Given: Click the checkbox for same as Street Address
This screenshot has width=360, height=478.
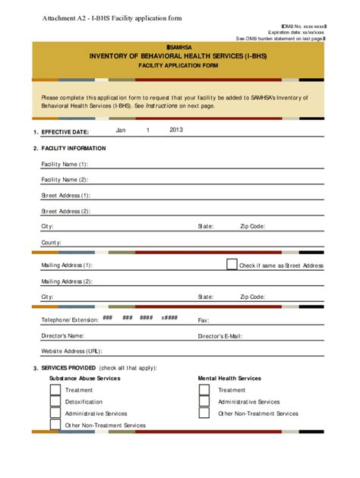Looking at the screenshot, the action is (x=232, y=264).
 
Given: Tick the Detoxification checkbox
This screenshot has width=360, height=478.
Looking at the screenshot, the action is (x=55, y=401).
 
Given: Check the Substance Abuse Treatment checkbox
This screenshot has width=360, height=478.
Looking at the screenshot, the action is (x=55, y=390).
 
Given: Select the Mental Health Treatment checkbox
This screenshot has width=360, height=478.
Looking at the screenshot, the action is (x=204, y=390).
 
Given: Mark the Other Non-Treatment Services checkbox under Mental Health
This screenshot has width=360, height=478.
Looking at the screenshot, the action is (x=204, y=414).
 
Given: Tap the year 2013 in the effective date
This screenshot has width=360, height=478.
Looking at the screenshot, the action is (x=176, y=130).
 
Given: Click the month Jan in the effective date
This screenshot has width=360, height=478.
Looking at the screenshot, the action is (x=120, y=130).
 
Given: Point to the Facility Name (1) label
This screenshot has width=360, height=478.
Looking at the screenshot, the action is (x=65, y=164).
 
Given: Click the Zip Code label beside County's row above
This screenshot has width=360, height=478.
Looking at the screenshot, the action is (x=252, y=226).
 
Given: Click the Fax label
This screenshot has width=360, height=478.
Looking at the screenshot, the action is (x=204, y=320).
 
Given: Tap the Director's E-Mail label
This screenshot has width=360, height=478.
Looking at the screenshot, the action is (x=219, y=335).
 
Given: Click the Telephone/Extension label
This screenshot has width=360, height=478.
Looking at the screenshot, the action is (x=70, y=320).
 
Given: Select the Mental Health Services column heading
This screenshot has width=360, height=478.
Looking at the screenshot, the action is (x=229, y=378).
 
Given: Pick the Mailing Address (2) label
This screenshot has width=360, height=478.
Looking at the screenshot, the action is (x=67, y=281).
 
